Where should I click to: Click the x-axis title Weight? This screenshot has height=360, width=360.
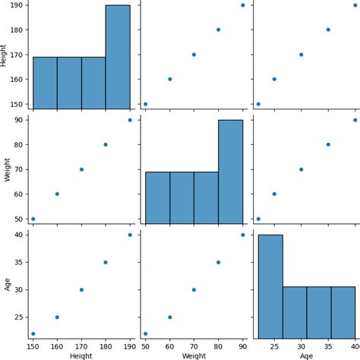[194, 355]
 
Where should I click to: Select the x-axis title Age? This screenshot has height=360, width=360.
[305, 355]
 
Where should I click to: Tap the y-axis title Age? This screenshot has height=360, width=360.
[7, 283]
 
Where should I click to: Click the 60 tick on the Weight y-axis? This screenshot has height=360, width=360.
[21, 194]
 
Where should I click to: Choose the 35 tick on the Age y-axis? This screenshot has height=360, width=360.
[21, 262]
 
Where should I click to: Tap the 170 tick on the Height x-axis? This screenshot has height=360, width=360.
[81, 346]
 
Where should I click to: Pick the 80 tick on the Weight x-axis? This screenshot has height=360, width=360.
[218, 346]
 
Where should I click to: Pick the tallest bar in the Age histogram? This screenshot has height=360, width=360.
[270, 297]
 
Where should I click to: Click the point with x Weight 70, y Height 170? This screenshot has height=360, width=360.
[194, 54]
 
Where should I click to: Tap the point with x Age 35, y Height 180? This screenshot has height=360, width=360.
[328, 30]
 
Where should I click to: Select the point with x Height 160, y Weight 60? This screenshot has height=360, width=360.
[57, 194]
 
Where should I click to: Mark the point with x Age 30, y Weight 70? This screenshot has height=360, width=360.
[301, 169]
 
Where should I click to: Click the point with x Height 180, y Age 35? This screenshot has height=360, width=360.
[106, 262]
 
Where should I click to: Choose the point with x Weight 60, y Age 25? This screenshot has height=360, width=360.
[169, 317]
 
